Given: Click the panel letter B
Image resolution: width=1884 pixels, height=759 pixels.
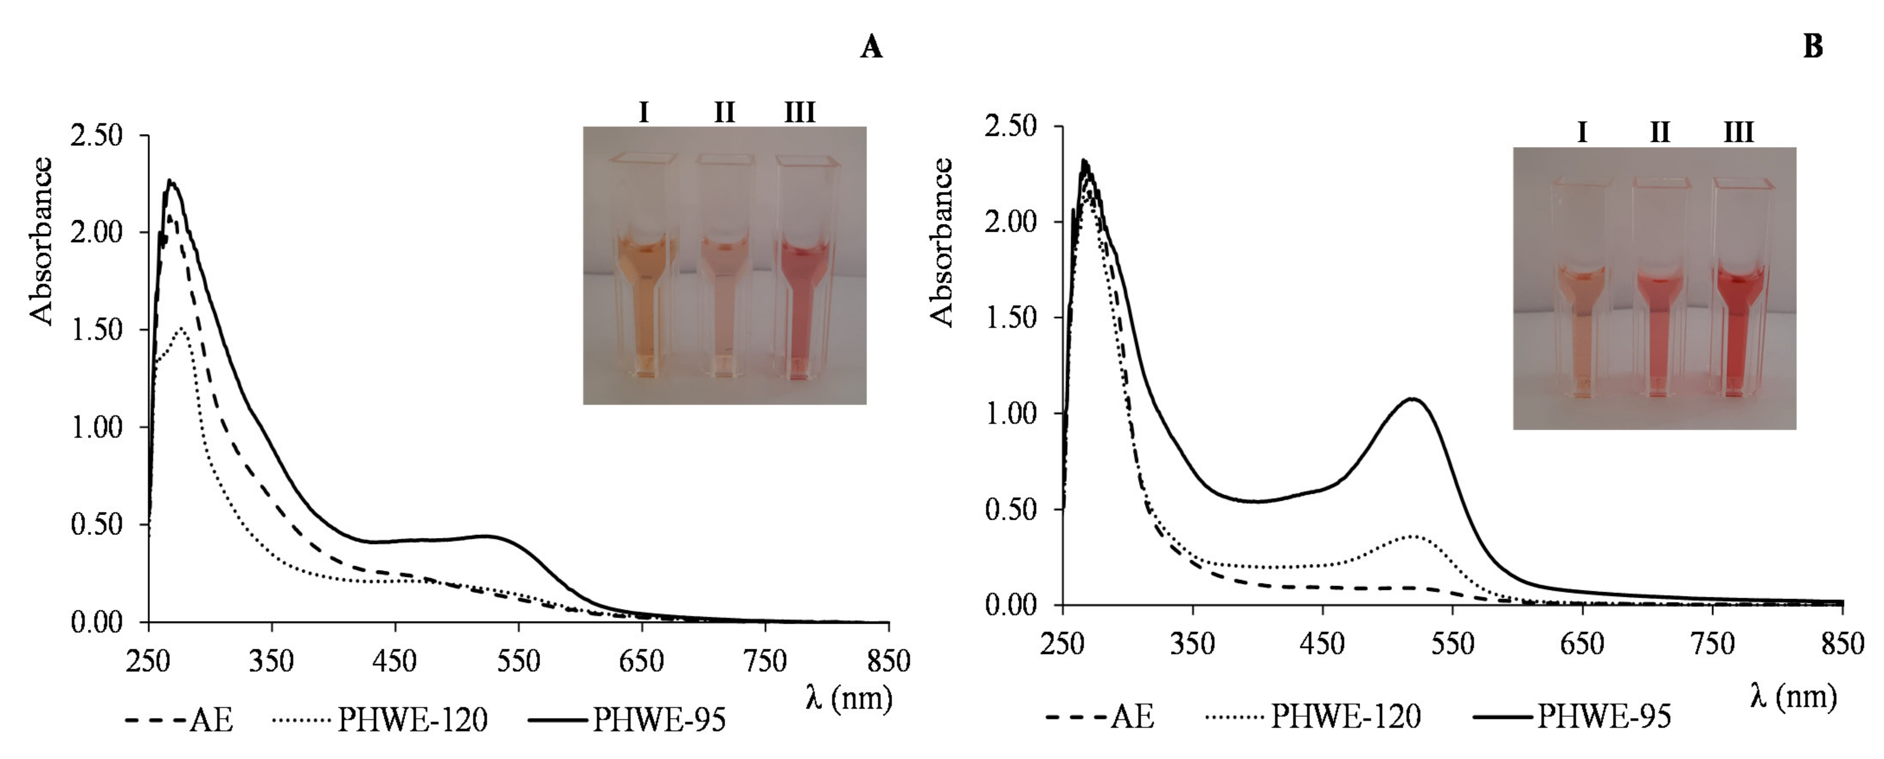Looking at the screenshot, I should coord(1813,47).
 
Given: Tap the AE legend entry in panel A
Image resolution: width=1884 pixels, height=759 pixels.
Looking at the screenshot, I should coord(180,720).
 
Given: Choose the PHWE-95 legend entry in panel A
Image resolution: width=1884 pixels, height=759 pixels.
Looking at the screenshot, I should coord(628,720).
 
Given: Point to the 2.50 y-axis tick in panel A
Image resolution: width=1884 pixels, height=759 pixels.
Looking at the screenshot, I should coord(96,135).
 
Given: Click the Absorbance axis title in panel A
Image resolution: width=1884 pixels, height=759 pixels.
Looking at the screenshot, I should coord(42,241).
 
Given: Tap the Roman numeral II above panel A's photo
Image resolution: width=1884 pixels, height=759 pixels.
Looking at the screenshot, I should coord(724,112).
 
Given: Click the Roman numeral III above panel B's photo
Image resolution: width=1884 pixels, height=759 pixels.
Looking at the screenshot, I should coord(1738,132).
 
